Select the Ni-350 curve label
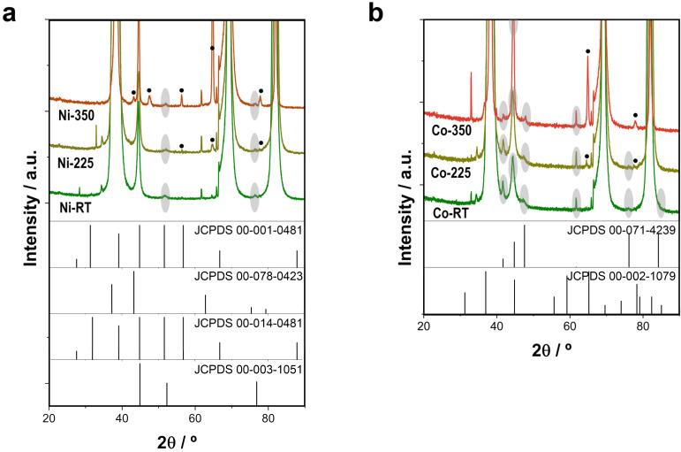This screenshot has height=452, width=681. point(73,114)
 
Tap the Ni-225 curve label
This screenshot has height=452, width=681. point(73,163)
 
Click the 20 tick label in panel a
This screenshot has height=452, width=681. point(49,418)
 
